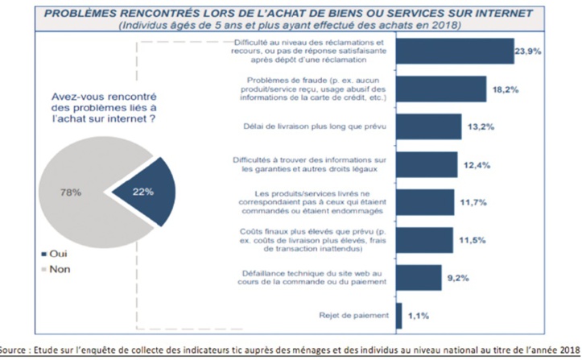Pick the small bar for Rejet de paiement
point(398,315)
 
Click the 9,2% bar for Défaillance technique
point(419,277)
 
